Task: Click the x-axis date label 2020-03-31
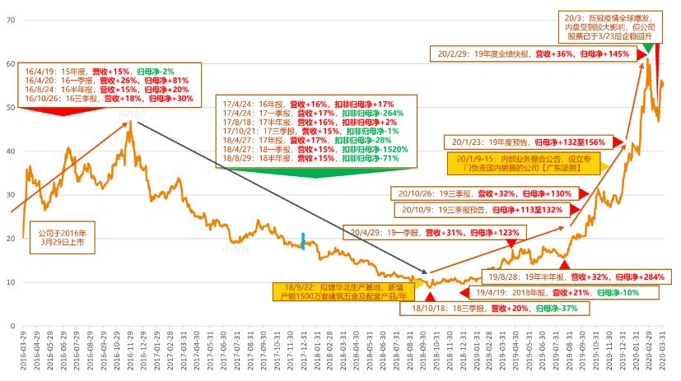pyautogui.click(x=664, y=352)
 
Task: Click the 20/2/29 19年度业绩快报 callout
pyautogui.click(x=532, y=54)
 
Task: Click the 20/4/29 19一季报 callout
pyautogui.click(x=436, y=233)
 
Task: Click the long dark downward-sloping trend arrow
pyautogui.click(x=280, y=197)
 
